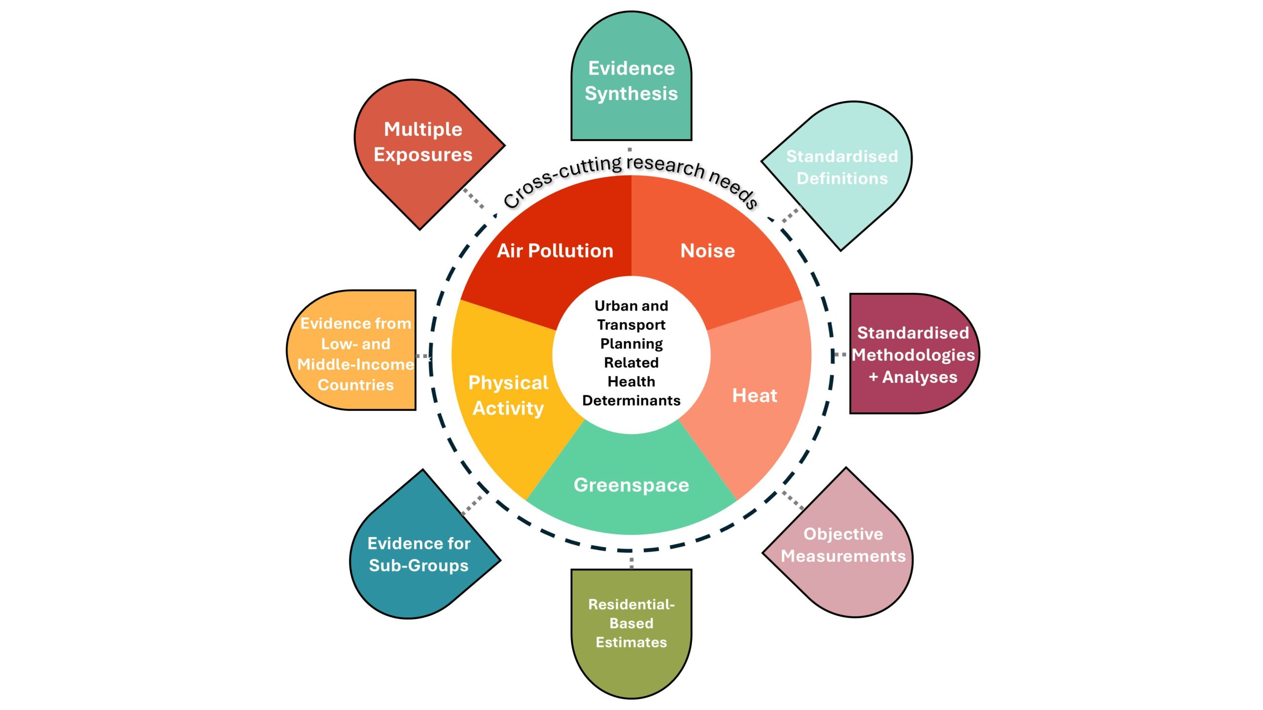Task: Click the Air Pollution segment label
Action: point(555,251)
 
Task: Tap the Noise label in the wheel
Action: point(707,251)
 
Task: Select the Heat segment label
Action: point(754,395)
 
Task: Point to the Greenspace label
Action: point(631,485)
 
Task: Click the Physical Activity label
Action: point(508,395)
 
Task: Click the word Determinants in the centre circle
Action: point(631,400)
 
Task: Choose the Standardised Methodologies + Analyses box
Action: point(913,355)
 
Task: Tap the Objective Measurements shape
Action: point(843,545)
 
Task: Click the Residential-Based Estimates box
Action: point(631,623)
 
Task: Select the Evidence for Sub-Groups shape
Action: point(418,554)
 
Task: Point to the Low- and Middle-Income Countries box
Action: point(355,354)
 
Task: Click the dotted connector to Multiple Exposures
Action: point(474,198)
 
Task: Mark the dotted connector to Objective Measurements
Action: point(793,500)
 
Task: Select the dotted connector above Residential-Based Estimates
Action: point(631,562)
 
